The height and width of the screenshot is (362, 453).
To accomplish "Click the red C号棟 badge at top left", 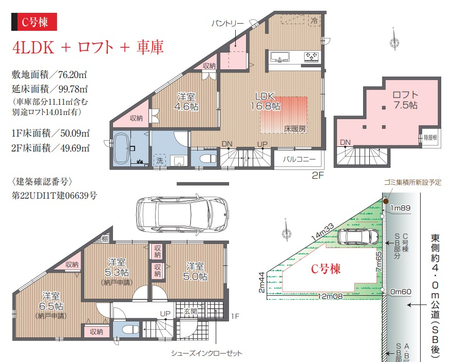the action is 34,22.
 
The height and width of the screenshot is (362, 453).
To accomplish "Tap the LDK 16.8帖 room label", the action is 265,101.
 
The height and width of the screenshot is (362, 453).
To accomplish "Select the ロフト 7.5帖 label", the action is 405,100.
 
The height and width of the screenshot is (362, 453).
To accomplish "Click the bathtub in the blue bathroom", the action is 121,149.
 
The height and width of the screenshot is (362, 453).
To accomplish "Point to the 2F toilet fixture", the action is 208,159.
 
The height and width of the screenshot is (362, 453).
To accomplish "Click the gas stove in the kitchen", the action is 311,56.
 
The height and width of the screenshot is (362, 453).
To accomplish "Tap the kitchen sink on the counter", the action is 279,57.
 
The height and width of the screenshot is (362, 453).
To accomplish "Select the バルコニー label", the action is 299,159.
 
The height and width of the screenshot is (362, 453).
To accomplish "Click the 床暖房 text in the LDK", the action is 295,129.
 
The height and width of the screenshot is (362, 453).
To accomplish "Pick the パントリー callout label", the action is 228,23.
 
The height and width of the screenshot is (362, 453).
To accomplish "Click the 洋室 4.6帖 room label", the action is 186,102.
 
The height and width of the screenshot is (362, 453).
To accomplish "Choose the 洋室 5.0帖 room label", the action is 195,271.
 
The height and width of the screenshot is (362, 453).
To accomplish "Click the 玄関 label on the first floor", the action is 191,311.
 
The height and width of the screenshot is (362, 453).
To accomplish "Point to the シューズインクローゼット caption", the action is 206,353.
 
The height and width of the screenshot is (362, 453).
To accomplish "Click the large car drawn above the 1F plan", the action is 183,214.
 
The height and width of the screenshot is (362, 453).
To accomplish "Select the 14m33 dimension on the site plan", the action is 323,232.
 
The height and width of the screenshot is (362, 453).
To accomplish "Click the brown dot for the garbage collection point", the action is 386,201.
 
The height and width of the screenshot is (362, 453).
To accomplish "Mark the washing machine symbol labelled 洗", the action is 159,160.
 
